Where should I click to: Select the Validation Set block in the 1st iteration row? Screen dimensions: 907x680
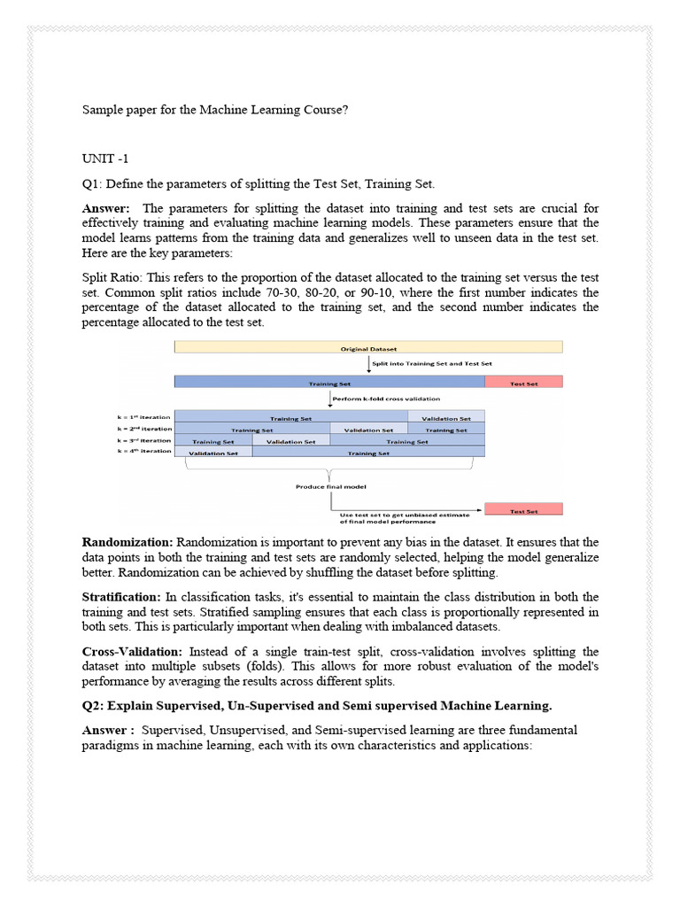click(445, 417)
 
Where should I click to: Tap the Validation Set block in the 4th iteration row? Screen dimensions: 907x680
click(213, 452)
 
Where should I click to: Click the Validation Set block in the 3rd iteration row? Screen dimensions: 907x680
click(291, 440)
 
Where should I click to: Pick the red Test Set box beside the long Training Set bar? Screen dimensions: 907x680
click(523, 384)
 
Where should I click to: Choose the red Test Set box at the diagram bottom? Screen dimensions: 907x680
click(523, 511)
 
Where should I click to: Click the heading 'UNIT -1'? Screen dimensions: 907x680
click(105, 159)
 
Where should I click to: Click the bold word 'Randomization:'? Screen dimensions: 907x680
click(128, 542)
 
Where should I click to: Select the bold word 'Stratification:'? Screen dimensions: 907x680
click(126, 597)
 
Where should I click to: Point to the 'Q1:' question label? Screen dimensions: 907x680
click(93, 184)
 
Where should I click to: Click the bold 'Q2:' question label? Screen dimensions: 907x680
click(95, 706)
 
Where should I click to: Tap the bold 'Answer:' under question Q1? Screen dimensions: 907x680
click(107, 209)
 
